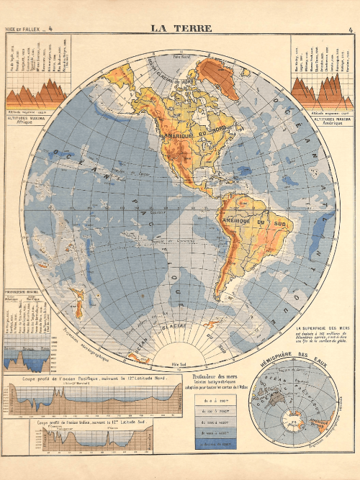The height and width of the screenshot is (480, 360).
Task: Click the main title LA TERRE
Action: tap(181, 29)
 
